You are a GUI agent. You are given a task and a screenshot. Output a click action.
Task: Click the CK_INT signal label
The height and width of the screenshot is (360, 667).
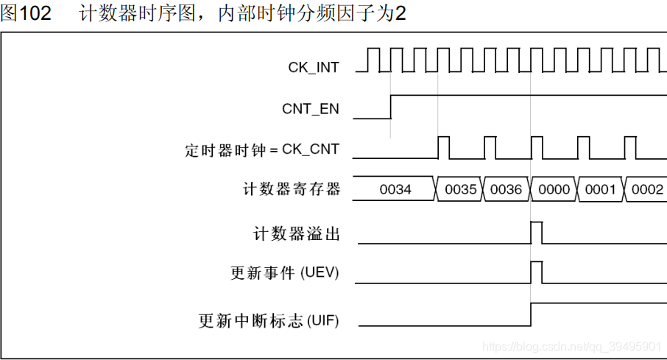click(x=314, y=67)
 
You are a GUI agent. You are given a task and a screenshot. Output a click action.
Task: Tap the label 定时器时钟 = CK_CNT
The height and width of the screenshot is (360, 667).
click(x=262, y=149)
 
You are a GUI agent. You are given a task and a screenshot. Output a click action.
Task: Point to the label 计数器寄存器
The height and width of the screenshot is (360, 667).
click(x=292, y=189)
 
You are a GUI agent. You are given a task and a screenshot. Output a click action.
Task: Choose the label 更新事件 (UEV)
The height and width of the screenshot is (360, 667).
click(x=285, y=273)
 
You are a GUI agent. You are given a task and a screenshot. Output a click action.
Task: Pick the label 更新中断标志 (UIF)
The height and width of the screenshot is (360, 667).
click(x=269, y=320)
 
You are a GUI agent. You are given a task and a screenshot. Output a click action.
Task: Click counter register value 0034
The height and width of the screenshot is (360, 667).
click(x=395, y=190)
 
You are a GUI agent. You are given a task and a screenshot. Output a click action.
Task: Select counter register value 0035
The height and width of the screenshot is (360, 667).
click(x=461, y=190)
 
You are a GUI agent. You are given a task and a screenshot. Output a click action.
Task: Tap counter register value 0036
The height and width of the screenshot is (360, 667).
click(x=507, y=190)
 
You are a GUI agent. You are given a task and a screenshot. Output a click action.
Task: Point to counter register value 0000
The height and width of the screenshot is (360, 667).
click(x=554, y=190)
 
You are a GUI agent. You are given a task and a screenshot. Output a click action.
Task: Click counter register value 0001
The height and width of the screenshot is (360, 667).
click(x=600, y=190)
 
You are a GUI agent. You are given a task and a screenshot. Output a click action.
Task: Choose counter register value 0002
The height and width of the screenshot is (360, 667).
click(x=647, y=190)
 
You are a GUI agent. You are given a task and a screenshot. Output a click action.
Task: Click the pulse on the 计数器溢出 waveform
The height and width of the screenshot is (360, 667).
click(x=537, y=232)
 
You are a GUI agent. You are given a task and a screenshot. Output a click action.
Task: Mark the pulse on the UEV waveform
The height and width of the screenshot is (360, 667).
click(x=537, y=272)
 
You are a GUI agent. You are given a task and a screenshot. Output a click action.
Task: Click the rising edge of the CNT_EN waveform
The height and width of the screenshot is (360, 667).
click(x=390, y=106)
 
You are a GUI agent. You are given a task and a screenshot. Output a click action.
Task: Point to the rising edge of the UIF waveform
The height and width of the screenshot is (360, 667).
click(x=531, y=314)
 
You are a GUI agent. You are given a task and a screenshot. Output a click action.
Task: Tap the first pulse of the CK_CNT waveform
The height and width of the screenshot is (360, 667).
click(x=444, y=147)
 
